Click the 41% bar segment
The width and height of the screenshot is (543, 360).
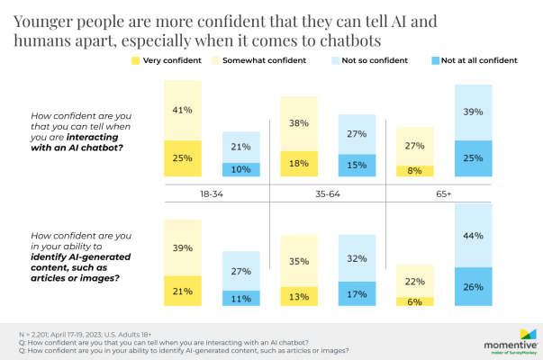(x=182, y=110)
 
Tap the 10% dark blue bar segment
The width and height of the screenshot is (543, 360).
(x=241, y=169)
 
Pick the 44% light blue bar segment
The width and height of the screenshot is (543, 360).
(x=474, y=235)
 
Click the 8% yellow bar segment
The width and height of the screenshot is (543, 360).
(x=415, y=171)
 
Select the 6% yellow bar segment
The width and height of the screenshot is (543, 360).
(x=415, y=302)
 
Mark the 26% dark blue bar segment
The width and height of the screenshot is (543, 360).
(x=474, y=287)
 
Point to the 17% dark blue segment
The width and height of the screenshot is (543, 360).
(x=357, y=292)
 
